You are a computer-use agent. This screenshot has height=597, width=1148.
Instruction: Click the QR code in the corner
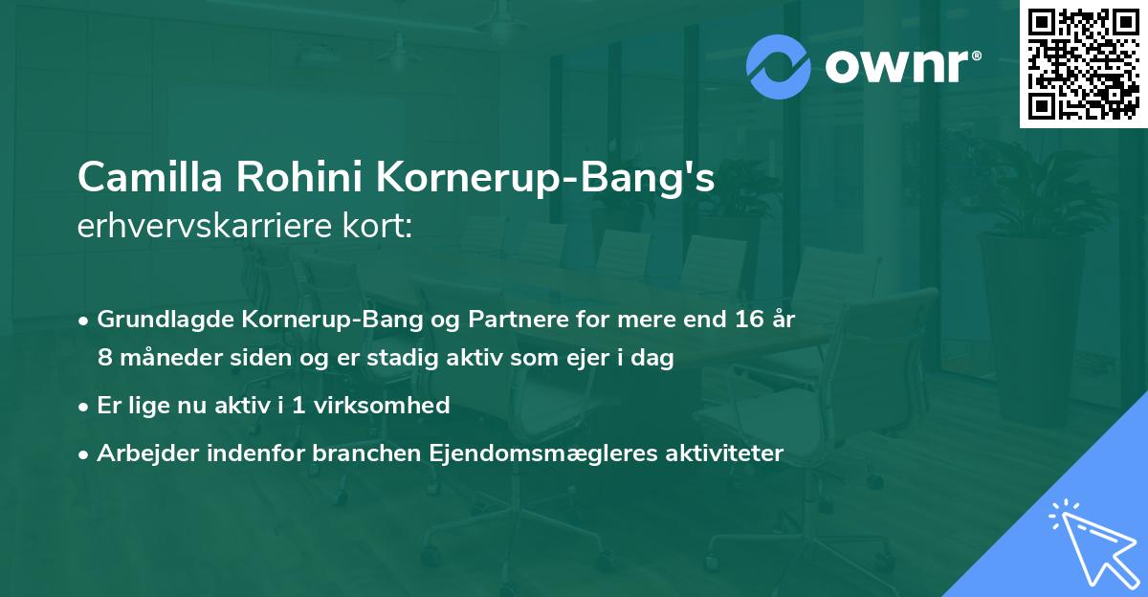point(1084,64)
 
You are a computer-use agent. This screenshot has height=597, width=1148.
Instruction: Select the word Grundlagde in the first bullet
point(159,319)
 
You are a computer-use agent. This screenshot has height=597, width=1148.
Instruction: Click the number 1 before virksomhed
point(299,406)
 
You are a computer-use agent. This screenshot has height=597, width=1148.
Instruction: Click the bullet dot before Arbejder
point(85,453)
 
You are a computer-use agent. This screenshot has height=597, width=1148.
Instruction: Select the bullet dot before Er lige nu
point(85,407)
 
